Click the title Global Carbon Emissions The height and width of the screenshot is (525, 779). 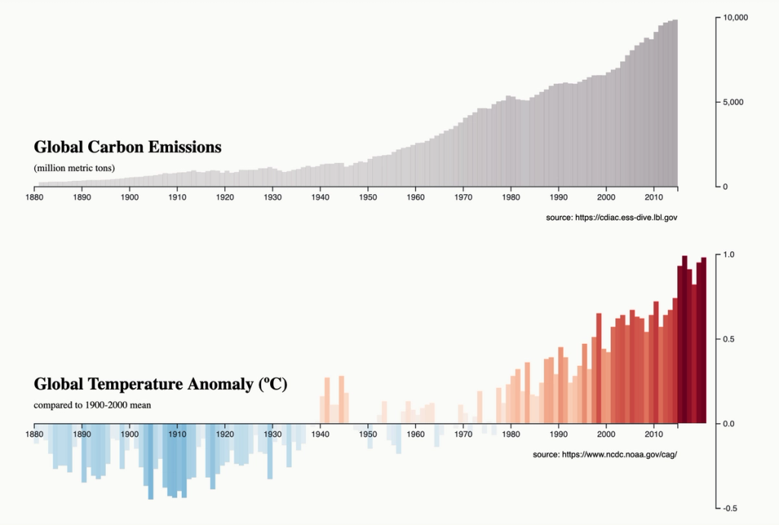[127, 147]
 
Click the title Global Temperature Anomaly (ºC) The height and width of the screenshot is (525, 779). [160, 383]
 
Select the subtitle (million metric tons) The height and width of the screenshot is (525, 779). [74, 167]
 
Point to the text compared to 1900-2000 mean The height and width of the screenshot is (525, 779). [92, 405]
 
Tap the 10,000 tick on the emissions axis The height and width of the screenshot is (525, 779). [736, 17]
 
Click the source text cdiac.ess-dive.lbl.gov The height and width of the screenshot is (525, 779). [612, 218]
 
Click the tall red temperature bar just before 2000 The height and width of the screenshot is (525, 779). [599, 368]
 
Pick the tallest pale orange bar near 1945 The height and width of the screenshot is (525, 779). [342, 399]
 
